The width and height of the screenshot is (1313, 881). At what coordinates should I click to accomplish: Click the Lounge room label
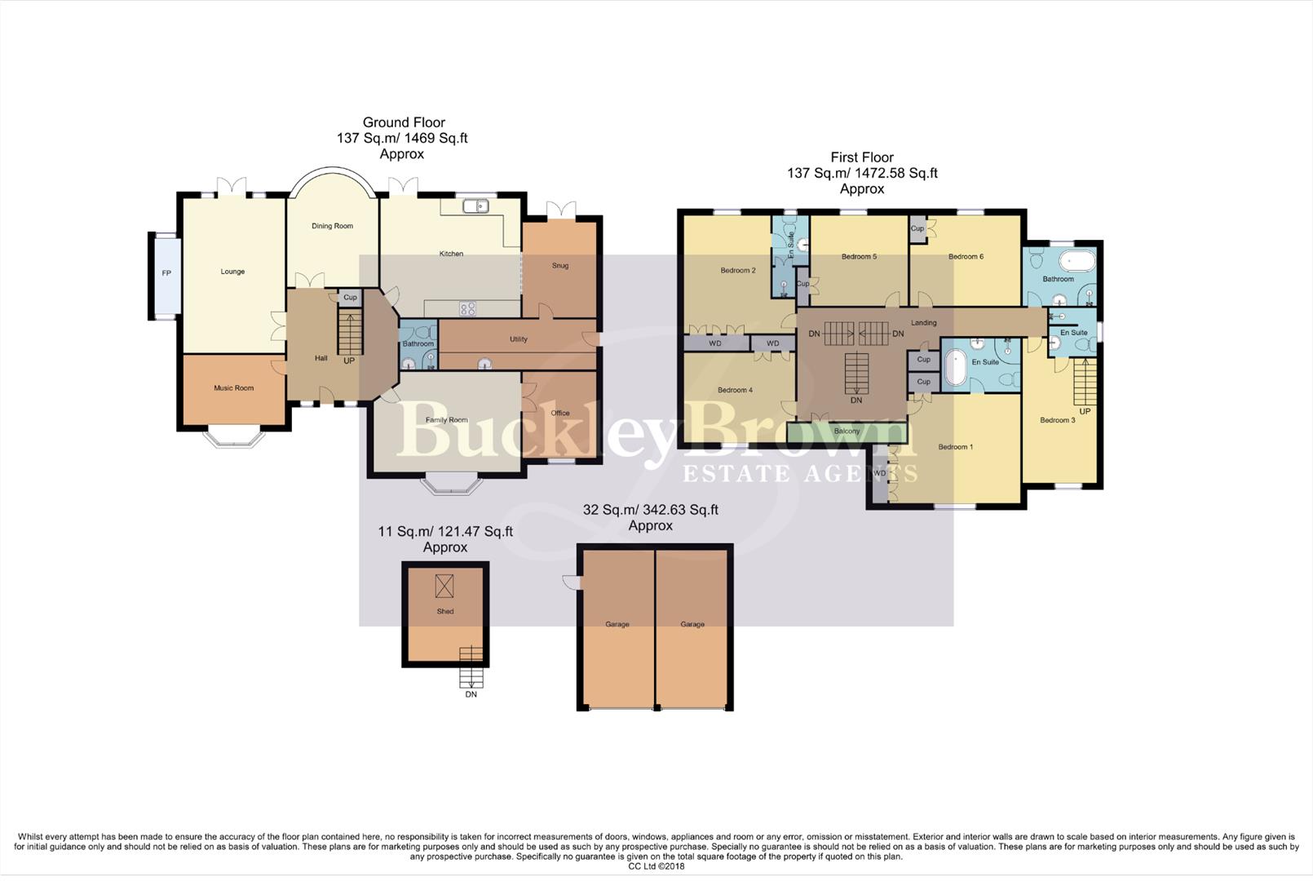tap(232, 272)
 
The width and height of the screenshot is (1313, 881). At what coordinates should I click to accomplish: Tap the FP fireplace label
tap(166, 273)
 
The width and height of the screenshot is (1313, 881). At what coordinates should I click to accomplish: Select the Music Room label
tap(234, 388)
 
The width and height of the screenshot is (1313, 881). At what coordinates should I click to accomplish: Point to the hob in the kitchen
tap(467, 308)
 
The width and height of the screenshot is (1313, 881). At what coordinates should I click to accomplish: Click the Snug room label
tap(560, 265)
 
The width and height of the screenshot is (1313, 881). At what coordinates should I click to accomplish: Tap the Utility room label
tap(519, 339)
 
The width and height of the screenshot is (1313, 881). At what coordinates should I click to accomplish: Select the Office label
tap(560, 413)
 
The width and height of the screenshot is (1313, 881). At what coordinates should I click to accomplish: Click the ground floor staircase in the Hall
tap(349, 335)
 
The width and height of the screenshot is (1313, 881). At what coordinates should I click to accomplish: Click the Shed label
tap(445, 611)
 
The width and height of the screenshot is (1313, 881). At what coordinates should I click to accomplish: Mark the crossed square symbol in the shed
tap(444, 586)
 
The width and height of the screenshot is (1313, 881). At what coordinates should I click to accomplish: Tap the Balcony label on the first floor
tap(847, 432)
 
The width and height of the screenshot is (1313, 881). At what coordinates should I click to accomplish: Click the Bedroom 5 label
tap(859, 257)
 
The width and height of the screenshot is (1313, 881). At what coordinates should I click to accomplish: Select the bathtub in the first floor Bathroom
tap(1077, 263)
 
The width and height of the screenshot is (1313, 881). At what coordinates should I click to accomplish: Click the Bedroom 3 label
tap(1058, 420)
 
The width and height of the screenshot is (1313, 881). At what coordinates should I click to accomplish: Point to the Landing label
tap(924, 323)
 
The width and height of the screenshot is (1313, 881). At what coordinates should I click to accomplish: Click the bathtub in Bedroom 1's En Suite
tap(954, 369)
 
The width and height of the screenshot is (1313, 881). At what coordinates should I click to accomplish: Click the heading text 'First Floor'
tap(862, 157)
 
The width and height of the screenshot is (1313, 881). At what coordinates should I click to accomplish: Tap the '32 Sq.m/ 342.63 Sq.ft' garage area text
tap(651, 510)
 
